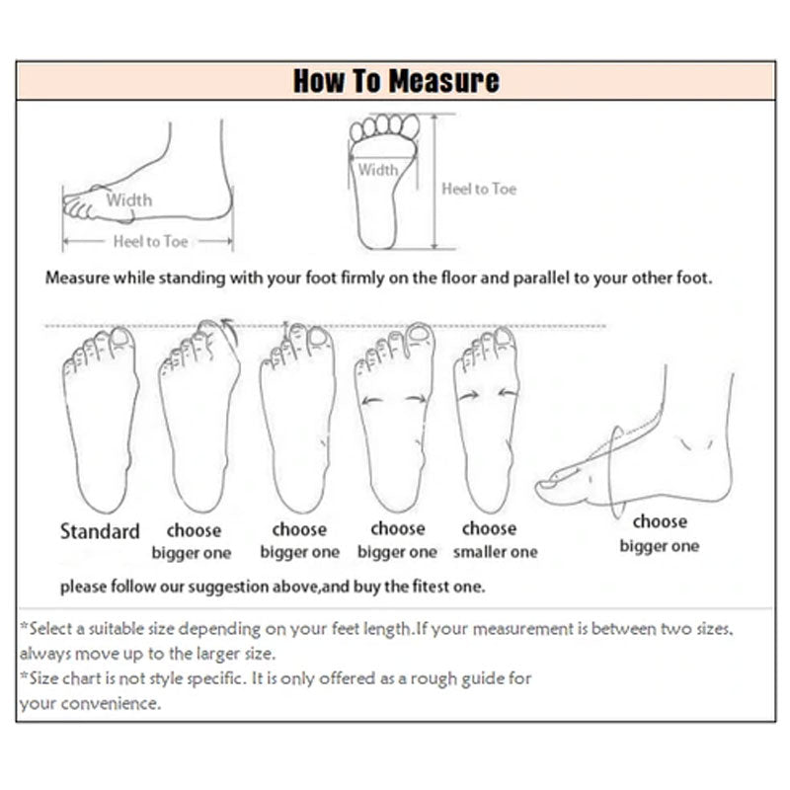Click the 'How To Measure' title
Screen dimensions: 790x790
tap(396, 81)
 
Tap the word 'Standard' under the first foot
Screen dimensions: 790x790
tap(100, 531)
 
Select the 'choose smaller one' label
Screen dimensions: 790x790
tap(495, 540)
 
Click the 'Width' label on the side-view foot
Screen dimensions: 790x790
tap(129, 200)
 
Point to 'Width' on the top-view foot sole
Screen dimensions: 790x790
tap(378, 170)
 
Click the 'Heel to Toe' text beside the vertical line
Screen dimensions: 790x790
tap(479, 189)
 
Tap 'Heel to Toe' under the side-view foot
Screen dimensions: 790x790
tap(151, 241)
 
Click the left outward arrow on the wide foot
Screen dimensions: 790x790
tap(372, 401)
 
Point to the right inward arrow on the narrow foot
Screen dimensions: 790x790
tap(508, 393)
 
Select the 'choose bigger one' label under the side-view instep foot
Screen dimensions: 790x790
tap(660, 534)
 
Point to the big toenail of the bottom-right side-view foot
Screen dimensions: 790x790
tap(546, 484)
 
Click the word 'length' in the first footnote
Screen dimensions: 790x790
tap(387, 629)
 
